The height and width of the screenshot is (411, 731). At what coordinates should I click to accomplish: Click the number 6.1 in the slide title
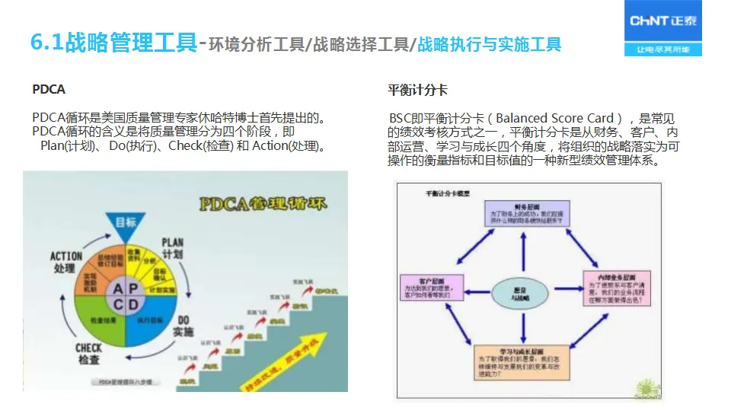(x=46, y=43)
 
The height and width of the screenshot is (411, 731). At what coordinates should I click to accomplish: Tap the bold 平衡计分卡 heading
(x=417, y=90)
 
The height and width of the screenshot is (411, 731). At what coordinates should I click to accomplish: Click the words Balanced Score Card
(x=555, y=119)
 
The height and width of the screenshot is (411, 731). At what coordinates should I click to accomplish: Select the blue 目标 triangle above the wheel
(x=126, y=221)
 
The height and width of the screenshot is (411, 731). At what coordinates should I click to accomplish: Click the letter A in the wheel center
(x=117, y=289)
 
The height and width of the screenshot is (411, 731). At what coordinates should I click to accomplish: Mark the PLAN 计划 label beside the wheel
(x=173, y=247)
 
